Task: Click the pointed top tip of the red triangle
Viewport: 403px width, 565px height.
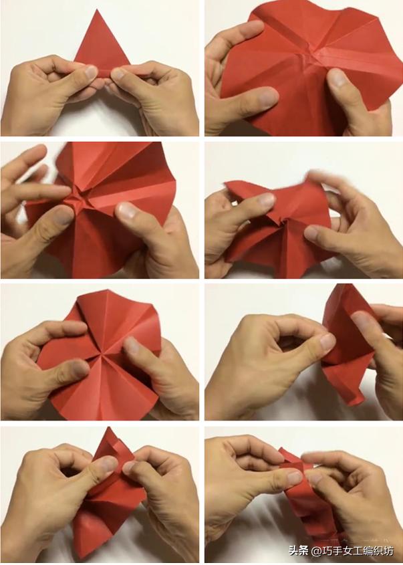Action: [97, 11]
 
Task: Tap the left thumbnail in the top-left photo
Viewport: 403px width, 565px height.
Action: [90, 72]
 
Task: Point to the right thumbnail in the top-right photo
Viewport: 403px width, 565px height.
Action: [336, 78]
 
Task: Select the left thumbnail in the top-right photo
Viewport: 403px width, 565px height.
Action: [268, 96]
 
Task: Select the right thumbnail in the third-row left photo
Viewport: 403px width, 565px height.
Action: [132, 345]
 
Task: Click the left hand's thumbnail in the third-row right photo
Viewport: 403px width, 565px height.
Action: [327, 341]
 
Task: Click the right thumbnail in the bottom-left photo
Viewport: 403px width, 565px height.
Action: [129, 467]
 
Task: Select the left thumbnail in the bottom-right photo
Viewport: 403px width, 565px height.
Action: [294, 478]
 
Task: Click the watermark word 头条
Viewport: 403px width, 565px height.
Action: [299, 550]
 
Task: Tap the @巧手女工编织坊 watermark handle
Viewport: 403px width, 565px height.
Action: [353, 551]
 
